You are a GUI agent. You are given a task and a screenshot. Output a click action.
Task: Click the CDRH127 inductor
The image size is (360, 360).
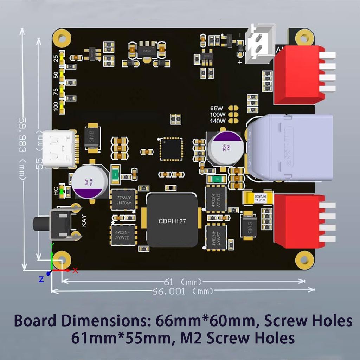coord(172,220)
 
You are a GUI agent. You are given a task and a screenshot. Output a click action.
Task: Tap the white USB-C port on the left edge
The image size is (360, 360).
coord(59,149)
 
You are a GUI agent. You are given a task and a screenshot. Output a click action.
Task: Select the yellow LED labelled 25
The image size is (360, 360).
coord(62,57)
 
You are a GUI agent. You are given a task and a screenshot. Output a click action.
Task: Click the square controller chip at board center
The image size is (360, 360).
coord(171,149)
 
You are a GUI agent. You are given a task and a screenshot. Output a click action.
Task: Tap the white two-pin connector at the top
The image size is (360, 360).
coord(259,44)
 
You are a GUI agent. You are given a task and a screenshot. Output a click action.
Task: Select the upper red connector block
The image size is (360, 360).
coord(299,75)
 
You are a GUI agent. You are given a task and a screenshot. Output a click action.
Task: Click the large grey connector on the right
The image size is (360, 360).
coord(290,148)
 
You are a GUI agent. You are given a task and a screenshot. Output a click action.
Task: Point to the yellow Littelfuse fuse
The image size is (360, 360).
coord(259,198)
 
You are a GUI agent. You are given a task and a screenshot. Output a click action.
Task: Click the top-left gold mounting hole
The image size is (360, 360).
coord(62,38)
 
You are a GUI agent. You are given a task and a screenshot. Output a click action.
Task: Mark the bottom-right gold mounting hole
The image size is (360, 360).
coord(304,260)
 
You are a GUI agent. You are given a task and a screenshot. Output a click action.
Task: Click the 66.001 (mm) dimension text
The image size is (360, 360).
coord(182,291)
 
